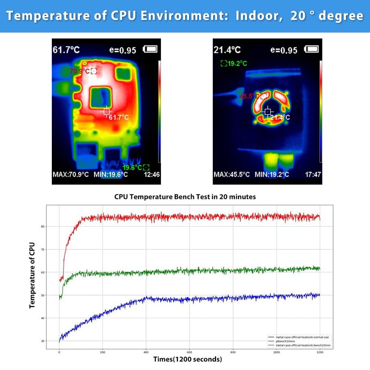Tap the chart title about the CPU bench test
185,197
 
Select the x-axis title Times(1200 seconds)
188,359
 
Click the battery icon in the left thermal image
151,49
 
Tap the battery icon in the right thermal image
313,49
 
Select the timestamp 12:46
152,175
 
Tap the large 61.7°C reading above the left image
67,49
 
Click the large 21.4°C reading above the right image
227,49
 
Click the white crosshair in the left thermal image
106,111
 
